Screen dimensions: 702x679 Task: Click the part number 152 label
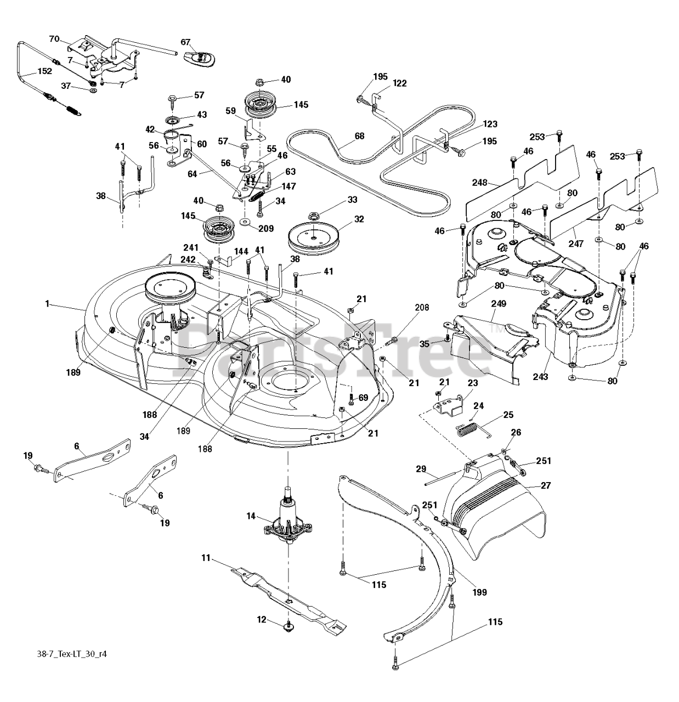[44, 71]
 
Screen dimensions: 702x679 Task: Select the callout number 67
[185, 42]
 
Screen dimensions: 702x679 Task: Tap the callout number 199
[478, 592]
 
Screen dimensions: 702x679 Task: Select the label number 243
[540, 377]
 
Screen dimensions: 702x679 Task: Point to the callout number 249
[499, 303]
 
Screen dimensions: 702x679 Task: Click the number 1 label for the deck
[48, 303]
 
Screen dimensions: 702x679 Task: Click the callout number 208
[422, 308]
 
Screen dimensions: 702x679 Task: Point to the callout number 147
[288, 186]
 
